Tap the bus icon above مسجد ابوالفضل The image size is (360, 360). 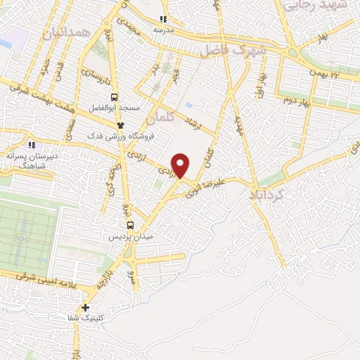point(114,98)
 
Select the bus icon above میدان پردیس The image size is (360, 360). point(130,226)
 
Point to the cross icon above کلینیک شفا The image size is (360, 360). point(86,307)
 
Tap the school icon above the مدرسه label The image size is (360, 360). point(163,20)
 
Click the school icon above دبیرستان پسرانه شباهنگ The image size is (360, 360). point(30,144)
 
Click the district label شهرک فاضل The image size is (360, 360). point(233,51)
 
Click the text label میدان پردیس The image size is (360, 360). point(131,237)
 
